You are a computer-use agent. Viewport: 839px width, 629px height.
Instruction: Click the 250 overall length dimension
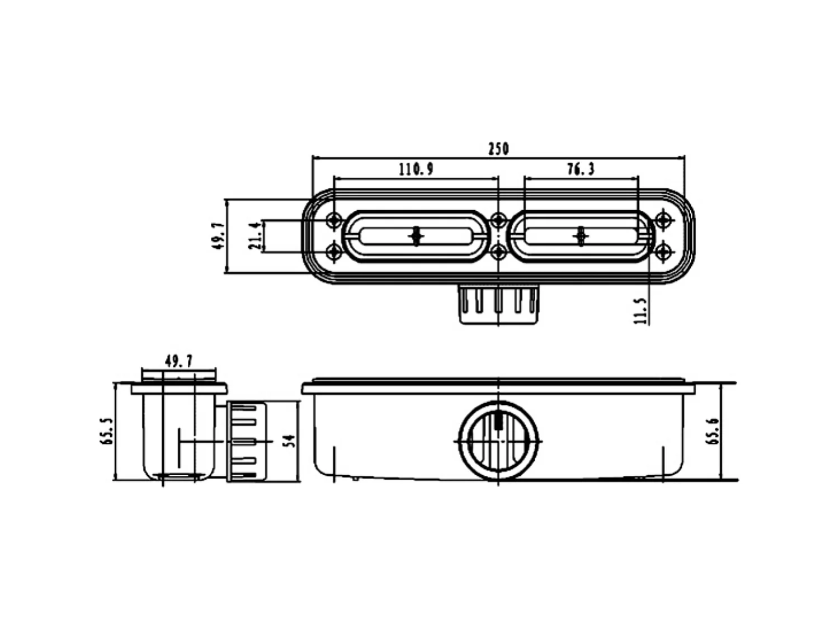pyautogui.click(x=498, y=149)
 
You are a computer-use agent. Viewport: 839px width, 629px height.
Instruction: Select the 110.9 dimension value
pyautogui.click(x=416, y=169)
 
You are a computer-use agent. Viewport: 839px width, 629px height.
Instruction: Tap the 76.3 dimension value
pyautogui.click(x=581, y=169)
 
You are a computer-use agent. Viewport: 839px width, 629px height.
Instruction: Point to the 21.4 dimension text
pyautogui.click(x=254, y=236)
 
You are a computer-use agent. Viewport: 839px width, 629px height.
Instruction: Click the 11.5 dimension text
pyautogui.click(x=641, y=311)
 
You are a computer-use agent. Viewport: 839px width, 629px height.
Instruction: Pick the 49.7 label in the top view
pyautogui.click(x=218, y=235)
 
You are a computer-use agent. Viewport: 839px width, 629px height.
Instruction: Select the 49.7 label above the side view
pyautogui.click(x=178, y=361)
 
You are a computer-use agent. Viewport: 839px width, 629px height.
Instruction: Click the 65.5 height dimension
pyautogui.click(x=107, y=431)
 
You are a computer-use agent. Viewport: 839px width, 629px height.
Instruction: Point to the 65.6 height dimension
pyautogui.click(x=713, y=431)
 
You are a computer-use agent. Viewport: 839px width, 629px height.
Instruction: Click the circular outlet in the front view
pyautogui.click(x=499, y=441)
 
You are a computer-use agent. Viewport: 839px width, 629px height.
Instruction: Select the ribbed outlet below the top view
pyautogui.click(x=498, y=304)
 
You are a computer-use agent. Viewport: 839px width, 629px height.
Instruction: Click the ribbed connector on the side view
pyautogui.click(x=246, y=441)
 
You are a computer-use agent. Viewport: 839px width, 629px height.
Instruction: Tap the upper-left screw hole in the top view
pyautogui.click(x=334, y=221)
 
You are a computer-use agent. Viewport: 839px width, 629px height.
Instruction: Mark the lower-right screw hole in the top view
pyautogui.click(x=663, y=253)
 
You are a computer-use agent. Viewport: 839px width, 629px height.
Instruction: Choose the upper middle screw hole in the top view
pyautogui.click(x=498, y=221)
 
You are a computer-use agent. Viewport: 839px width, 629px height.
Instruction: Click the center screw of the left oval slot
pyautogui.click(x=416, y=237)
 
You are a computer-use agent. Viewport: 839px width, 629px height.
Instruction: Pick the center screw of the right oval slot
pyautogui.click(x=581, y=237)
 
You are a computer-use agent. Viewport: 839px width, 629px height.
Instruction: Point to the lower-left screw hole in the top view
pyautogui.click(x=334, y=253)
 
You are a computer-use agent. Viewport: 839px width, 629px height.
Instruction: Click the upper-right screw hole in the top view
pyautogui.click(x=663, y=220)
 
